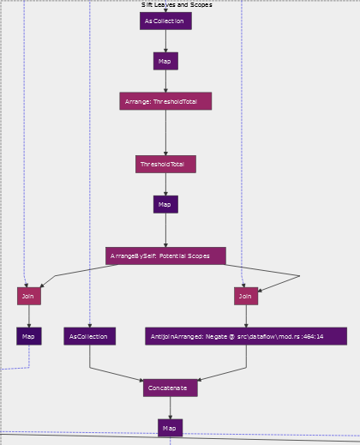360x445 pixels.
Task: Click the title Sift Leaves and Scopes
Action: (177, 4)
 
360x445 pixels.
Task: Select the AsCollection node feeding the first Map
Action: (165, 21)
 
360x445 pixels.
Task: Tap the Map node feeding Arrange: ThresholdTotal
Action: (165, 61)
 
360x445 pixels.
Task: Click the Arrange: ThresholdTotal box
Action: (165, 101)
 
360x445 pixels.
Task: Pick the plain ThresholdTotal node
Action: (165, 164)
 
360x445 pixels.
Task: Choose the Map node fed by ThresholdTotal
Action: (165, 204)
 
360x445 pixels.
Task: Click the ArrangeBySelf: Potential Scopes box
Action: (165, 256)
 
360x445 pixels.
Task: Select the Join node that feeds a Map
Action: (29, 296)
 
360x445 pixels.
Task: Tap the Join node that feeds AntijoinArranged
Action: (246, 296)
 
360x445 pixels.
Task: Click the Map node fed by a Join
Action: (29, 336)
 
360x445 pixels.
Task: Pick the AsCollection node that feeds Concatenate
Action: (90, 336)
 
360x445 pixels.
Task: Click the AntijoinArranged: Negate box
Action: (246, 336)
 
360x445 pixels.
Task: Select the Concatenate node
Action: (171, 388)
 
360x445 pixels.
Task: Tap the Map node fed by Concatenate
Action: (171, 428)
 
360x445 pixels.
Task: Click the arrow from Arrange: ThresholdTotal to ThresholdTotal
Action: (165, 133)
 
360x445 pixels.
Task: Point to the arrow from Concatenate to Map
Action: (171, 408)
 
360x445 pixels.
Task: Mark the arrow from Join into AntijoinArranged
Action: (246, 316)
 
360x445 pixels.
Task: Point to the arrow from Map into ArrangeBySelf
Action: (165, 230)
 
